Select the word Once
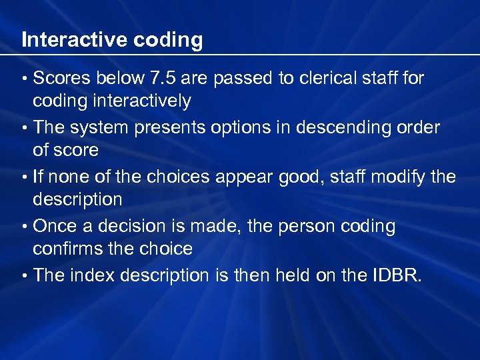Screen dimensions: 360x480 click(54, 227)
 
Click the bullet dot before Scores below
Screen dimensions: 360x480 click(25, 79)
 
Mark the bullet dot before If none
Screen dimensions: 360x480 click(25, 178)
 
